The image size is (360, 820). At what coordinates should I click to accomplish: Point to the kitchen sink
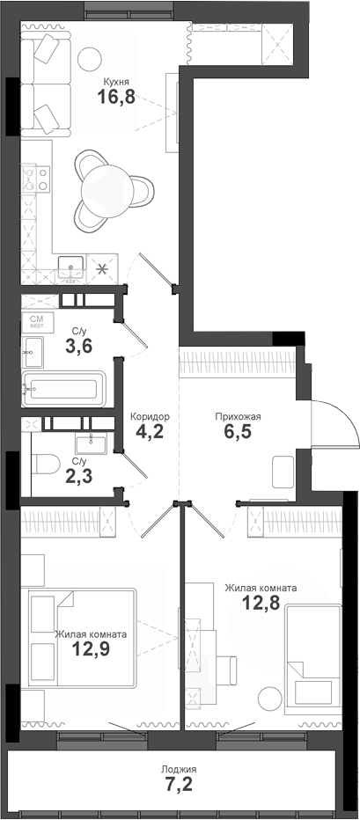coord(72,264)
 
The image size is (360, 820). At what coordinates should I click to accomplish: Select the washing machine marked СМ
coord(37,322)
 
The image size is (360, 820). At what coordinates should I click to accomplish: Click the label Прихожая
coord(238,417)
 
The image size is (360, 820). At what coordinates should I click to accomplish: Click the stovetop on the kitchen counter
coord(39,180)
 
